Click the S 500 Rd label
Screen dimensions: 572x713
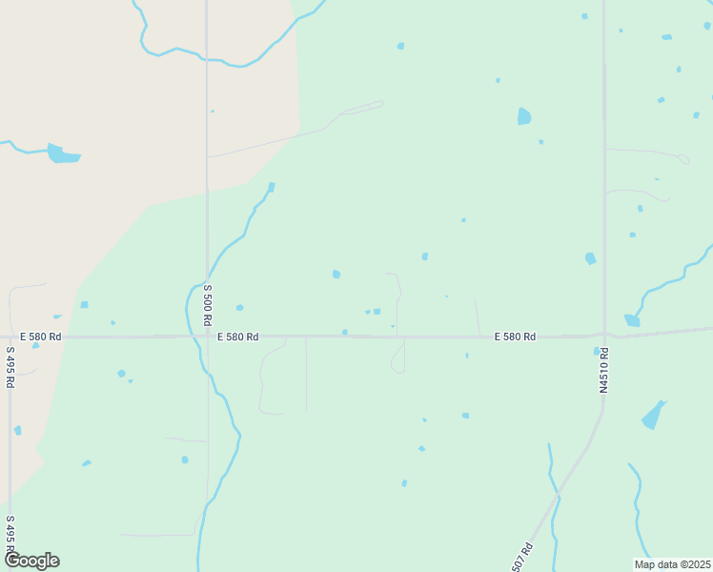point(208,305)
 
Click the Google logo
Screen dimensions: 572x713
point(31,561)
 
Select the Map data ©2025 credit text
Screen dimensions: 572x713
point(672,564)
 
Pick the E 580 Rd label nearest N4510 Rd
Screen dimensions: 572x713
point(515,337)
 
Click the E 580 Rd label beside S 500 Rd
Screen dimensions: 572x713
point(237,337)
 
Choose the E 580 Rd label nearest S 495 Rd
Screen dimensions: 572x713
point(41,337)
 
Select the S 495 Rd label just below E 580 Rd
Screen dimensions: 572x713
point(10,367)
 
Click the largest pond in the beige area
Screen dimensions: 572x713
point(62,153)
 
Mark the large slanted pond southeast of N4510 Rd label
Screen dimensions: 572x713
point(654,415)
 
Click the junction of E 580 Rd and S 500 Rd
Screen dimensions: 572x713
point(208,337)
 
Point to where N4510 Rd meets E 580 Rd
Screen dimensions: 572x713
point(604,335)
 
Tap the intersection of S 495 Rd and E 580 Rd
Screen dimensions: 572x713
point(10,337)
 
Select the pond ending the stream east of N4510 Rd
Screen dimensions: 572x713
point(632,320)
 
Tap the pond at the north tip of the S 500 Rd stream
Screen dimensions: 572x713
point(272,187)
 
